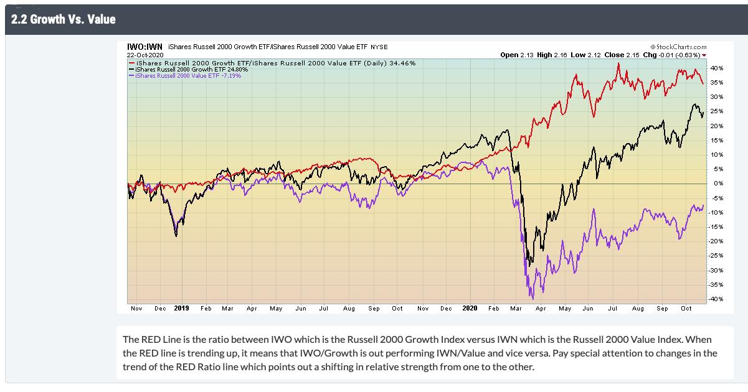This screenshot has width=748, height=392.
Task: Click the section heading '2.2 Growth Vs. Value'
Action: [x=62, y=19]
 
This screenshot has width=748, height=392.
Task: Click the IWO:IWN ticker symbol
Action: [x=144, y=47]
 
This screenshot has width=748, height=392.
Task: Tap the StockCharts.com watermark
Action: [x=679, y=47]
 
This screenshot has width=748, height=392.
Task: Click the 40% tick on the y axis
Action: [x=716, y=68]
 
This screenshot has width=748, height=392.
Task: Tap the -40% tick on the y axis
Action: [x=716, y=299]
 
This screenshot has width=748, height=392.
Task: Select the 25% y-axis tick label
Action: [x=716, y=111]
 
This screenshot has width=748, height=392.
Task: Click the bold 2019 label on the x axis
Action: [x=181, y=308]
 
